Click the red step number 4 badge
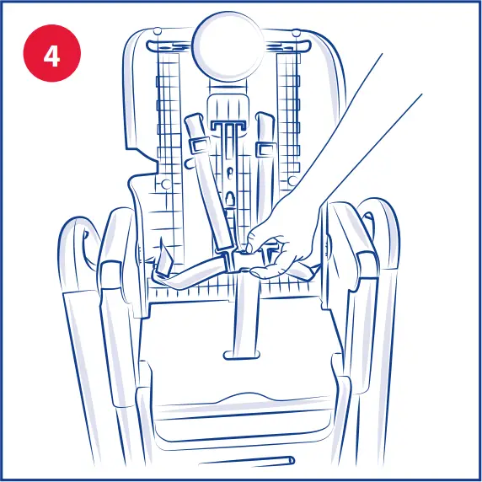pos(51,56)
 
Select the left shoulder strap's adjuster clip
pos(200,143)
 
